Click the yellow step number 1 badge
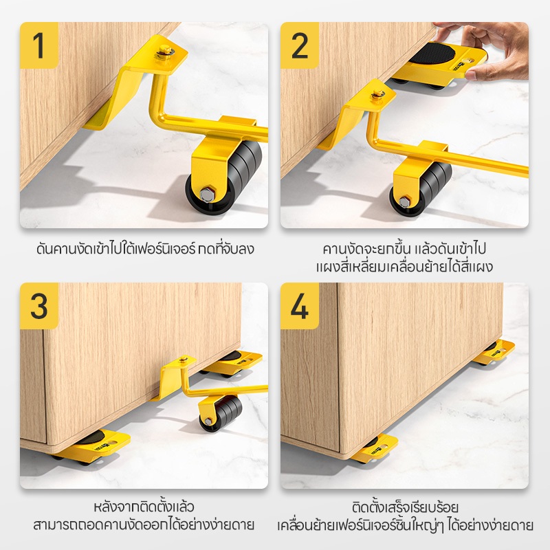pyautogui.click(x=39, y=45)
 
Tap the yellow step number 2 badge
pyautogui.click(x=299, y=45)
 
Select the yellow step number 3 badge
pyautogui.click(x=39, y=306)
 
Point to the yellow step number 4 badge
pyautogui.click(x=299, y=306)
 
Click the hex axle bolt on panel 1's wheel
pyautogui.click(x=206, y=194)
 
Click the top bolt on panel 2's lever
pyautogui.click(x=377, y=93)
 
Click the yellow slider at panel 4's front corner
pyautogui.click(x=375, y=448)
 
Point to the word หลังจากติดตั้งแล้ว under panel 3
pyautogui.click(x=144, y=507)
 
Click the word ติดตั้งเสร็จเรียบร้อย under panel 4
pyautogui.click(x=405, y=507)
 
